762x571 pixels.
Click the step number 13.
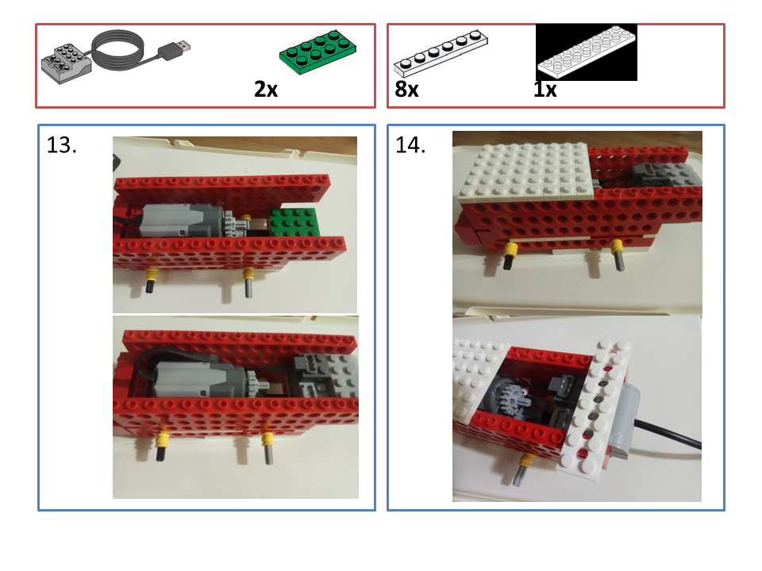click(x=61, y=145)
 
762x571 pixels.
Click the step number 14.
click(x=410, y=145)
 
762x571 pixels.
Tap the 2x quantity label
click(x=266, y=90)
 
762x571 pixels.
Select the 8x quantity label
click(x=406, y=90)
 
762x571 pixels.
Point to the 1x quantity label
click(x=545, y=90)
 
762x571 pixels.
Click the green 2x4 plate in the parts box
click(x=317, y=52)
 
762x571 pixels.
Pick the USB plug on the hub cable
click(x=174, y=49)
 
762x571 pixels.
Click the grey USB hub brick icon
click(x=67, y=63)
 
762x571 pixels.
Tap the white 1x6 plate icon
click(x=441, y=52)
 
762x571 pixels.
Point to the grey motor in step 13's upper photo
click(x=183, y=220)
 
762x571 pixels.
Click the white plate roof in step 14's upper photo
click(x=525, y=171)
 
